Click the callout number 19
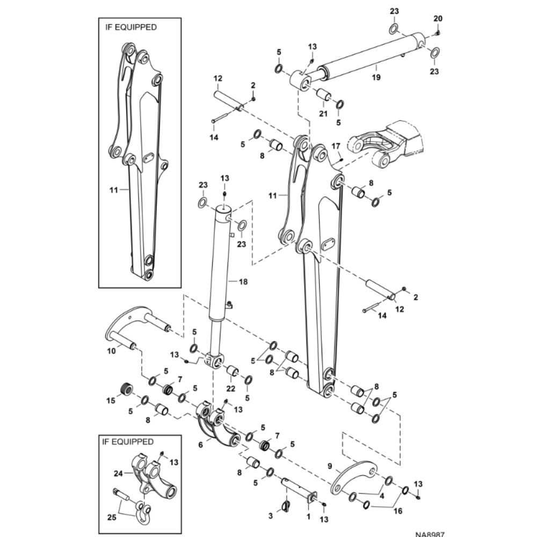[x=375, y=77]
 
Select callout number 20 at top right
[x=438, y=19]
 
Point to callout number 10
[x=112, y=352]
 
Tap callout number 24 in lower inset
[x=118, y=473]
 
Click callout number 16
[x=398, y=511]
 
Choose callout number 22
[x=231, y=389]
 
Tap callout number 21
[x=323, y=114]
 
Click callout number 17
[x=336, y=146]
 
